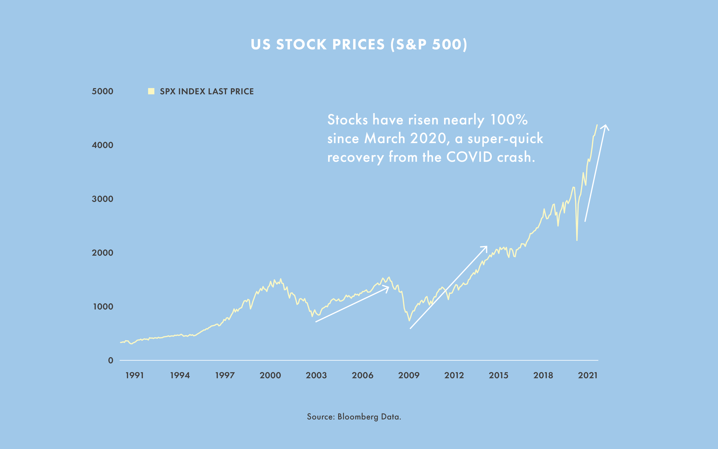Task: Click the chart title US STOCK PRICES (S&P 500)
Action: [359, 45]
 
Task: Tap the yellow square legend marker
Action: [151, 91]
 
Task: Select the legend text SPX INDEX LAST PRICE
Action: [206, 91]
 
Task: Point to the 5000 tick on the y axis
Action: [103, 91]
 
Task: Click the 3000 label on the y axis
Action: [103, 199]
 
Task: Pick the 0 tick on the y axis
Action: [111, 360]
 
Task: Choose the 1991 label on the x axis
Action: [135, 375]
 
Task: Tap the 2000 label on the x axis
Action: [270, 375]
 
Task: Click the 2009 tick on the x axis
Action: [409, 375]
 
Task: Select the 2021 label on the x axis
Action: [588, 375]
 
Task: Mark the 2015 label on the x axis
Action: [499, 375]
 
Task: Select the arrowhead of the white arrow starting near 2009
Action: [486, 247]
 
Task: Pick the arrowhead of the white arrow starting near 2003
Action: [388, 287]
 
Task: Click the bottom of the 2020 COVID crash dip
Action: [577, 240]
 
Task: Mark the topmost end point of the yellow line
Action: [597, 125]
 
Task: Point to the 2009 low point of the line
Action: [409, 321]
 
